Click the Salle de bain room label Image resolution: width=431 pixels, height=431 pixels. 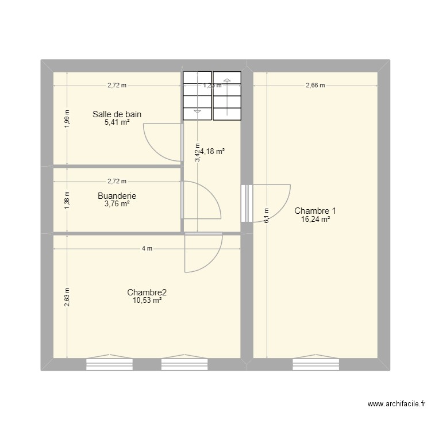tap(117, 114)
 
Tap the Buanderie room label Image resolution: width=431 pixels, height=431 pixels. tap(117, 195)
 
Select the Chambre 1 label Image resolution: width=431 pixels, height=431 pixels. tap(315, 210)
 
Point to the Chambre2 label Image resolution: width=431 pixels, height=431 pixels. tap(147, 292)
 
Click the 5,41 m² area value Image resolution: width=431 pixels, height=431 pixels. tap(117, 122)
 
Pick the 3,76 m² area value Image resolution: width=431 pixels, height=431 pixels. tap(117, 203)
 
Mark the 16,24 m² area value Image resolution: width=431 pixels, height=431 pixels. tap(315, 219)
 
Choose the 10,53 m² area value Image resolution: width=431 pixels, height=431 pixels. tap(147, 300)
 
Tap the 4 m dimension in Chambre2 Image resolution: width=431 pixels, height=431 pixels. tap(147, 248)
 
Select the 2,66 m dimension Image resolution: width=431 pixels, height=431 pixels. tap(315, 85)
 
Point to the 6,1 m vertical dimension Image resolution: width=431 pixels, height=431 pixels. tap(266, 216)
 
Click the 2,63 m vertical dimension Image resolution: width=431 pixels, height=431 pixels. tap(67, 297)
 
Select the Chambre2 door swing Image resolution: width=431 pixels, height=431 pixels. tap(202, 253)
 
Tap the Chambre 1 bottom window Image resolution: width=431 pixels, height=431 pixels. tap(315, 363)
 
